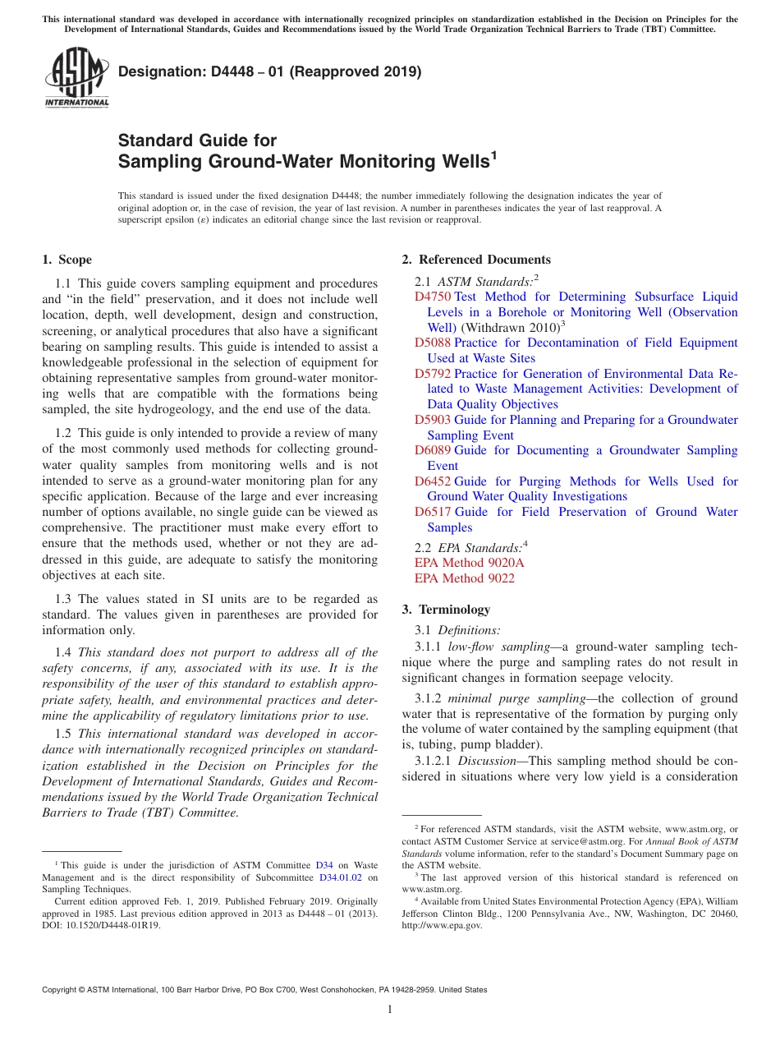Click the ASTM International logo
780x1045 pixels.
tap(76, 78)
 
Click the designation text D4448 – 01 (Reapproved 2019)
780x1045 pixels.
tap(269, 71)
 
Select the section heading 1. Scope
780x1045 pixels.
tap(67, 260)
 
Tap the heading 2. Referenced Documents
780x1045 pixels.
tap(476, 260)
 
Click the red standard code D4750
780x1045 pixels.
tap(433, 297)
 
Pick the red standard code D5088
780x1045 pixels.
tap(433, 343)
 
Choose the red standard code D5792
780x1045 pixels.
tap(433, 374)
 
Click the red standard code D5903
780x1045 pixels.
tap(433, 420)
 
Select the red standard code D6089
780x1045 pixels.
tap(433, 450)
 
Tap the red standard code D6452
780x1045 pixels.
tap(433, 481)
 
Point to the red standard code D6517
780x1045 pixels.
tap(433, 512)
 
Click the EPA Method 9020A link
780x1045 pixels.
tap(469, 563)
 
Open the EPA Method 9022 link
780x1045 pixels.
tap(465, 578)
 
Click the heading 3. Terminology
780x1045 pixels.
tap(446, 610)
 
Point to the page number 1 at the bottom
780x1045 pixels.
tap(390, 1009)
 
